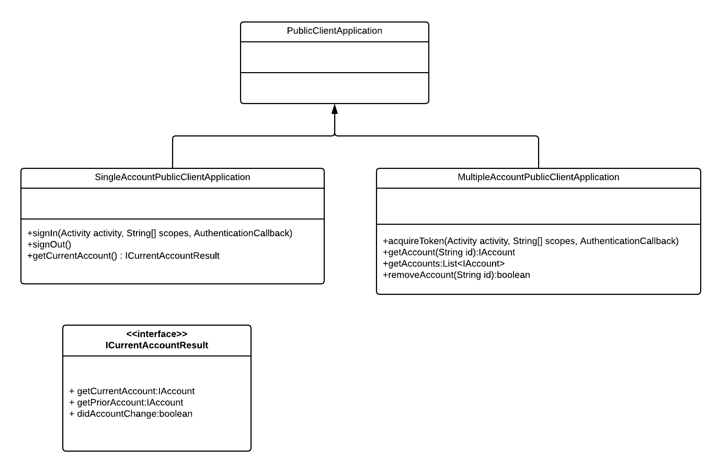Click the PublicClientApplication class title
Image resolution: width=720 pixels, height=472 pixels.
point(334,31)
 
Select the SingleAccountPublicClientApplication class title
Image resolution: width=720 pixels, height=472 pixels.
point(172,177)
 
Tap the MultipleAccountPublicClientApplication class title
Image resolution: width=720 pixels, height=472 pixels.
point(538,177)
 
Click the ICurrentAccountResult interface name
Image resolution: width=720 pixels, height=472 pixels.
point(156,346)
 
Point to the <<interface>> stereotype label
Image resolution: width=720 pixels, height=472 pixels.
point(156,334)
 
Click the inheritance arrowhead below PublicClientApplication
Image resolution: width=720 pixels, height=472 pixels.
point(335,109)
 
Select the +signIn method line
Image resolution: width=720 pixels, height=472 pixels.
point(159,233)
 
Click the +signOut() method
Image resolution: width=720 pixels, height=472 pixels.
point(49,245)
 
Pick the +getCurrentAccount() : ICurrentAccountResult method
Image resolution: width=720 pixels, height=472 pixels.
point(123,256)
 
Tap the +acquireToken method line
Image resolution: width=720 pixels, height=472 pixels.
point(530,241)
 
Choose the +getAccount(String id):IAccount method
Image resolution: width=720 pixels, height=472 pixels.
point(449,252)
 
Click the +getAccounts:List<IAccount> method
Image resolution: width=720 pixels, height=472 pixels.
point(443,263)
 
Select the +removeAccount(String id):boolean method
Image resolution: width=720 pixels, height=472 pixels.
point(456,275)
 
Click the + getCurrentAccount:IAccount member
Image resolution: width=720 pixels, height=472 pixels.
point(132,391)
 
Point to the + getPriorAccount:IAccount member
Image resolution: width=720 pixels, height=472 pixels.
point(126,402)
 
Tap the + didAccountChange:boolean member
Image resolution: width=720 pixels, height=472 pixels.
point(131,414)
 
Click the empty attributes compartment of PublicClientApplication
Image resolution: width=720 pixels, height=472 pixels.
point(334,57)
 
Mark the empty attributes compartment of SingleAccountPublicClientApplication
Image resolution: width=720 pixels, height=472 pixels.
point(172,203)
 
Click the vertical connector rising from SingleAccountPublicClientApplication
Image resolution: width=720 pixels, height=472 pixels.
point(173,153)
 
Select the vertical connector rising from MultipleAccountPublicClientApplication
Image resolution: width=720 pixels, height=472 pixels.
point(539,153)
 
